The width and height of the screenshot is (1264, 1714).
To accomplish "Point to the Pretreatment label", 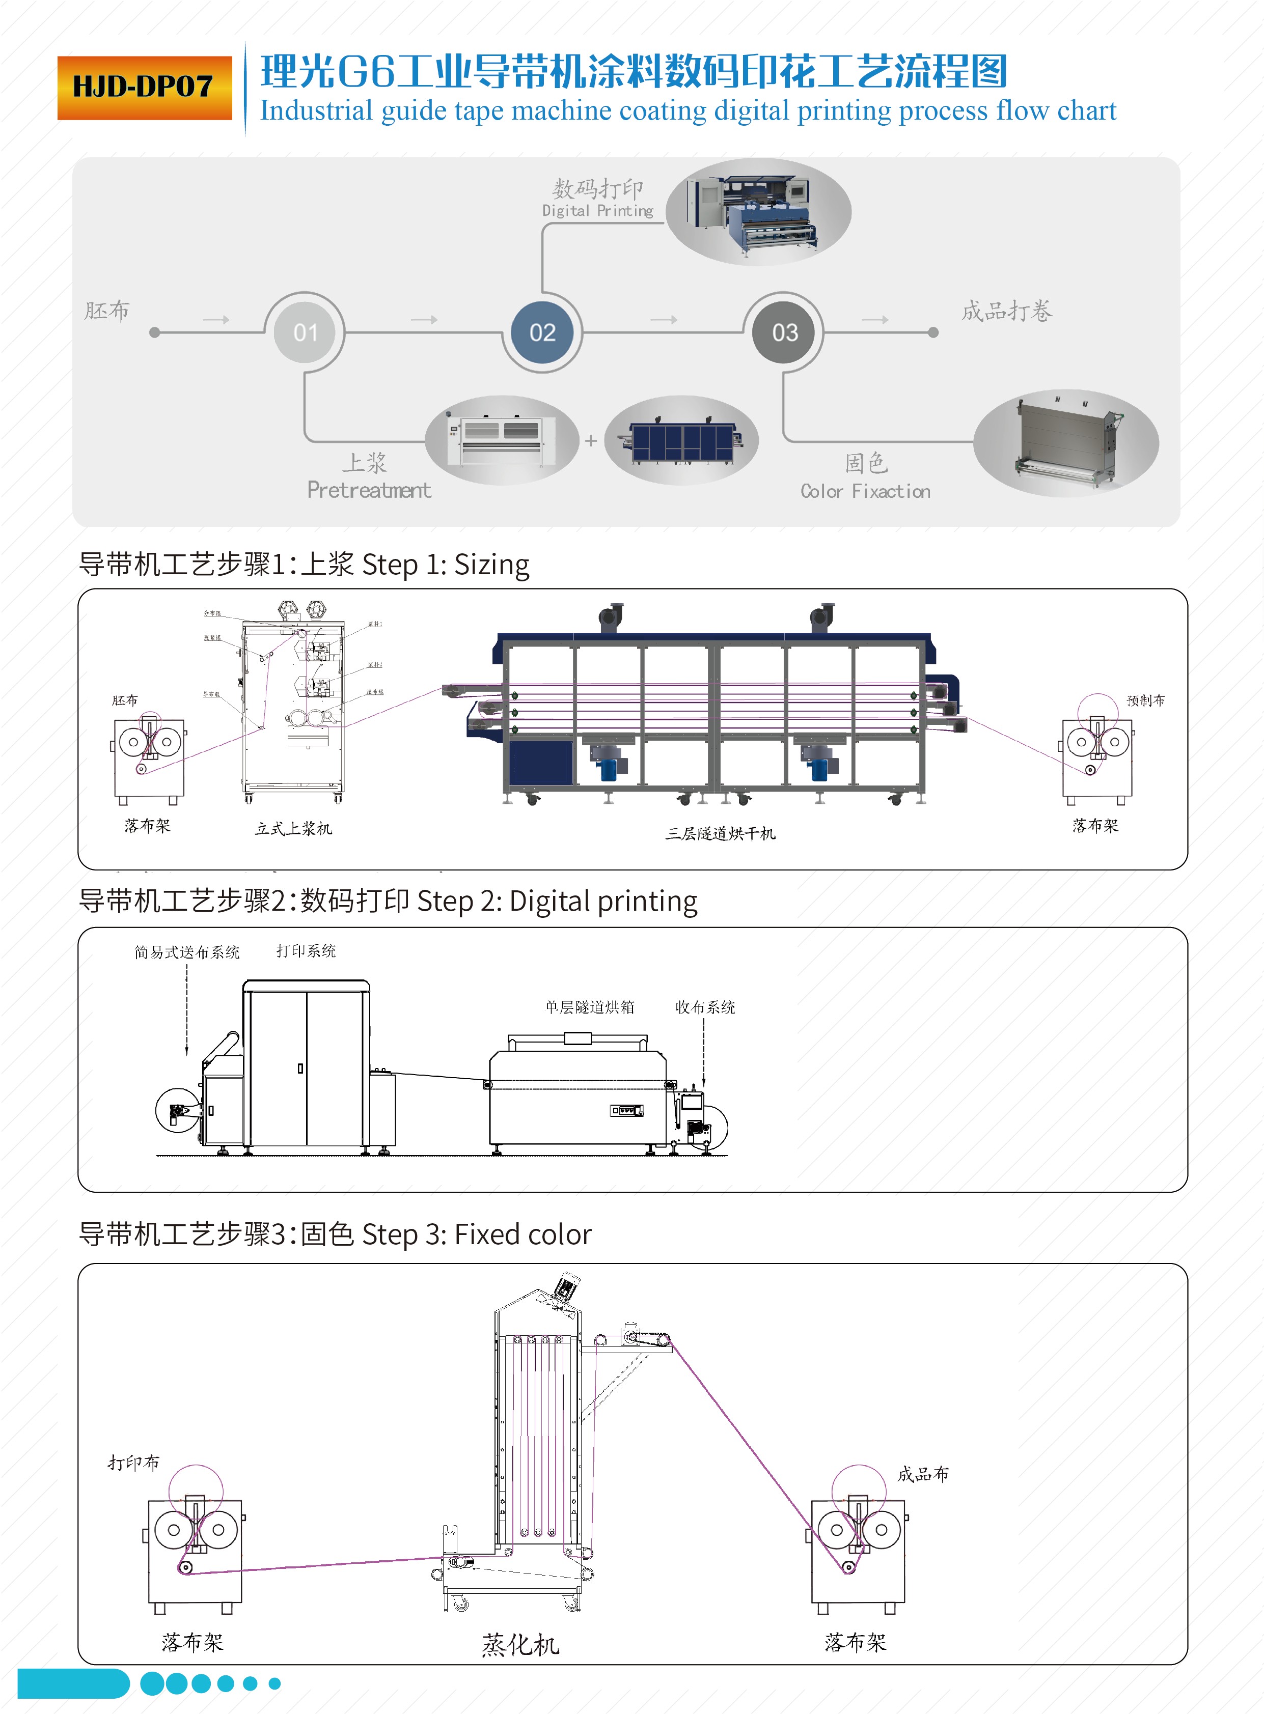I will [369, 490].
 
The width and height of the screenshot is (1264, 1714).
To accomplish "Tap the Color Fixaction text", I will [865, 491].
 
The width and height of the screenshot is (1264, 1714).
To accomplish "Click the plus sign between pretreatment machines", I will [591, 440].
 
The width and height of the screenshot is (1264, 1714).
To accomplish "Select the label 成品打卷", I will [1006, 311].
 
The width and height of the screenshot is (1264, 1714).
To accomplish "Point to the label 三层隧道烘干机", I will [720, 833].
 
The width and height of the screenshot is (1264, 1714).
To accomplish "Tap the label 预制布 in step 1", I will [1145, 700].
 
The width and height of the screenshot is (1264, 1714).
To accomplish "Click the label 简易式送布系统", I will [187, 951].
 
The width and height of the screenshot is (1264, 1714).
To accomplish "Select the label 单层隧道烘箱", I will [589, 1007].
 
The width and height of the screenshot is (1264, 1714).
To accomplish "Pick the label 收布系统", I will [705, 1007].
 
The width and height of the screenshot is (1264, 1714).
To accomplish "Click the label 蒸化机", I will [520, 1644].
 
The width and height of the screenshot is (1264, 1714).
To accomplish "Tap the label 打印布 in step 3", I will [134, 1463].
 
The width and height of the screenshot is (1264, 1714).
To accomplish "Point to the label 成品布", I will [923, 1474].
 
